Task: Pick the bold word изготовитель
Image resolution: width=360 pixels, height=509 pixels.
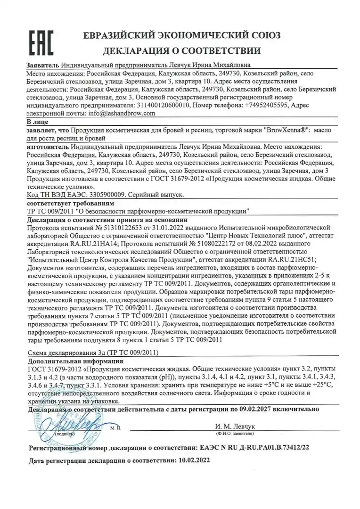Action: pyautogui.click(x=49, y=147)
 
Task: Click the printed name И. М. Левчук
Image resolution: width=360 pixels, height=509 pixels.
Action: pyautogui.click(x=234, y=427)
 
